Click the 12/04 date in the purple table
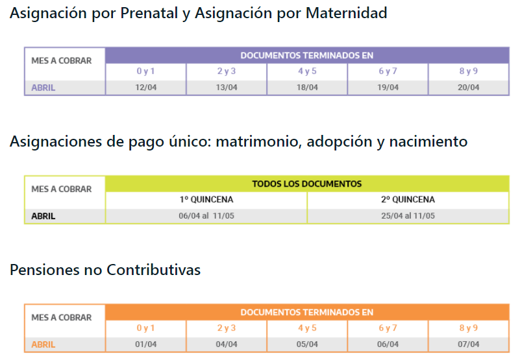pyautogui.click(x=145, y=88)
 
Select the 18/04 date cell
pyautogui.click(x=307, y=88)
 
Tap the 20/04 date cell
pyautogui.click(x=468, y=88)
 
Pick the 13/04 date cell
pyautogui.click(x=227, y=88)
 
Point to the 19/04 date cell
pyautogui.click(x=388, y=88)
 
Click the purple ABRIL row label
pyautogui.click(x=43, y=88)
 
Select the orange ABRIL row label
pyautogui.click(x=43, y=344)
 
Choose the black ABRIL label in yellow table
pyautogui.click(x=43, y=216)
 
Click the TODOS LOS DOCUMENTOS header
pyautogui.click(x=307, y=184)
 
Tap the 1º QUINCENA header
pyautogui.click(x=206, y=200)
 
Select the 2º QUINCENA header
pyautogui.click(x=408, y=200)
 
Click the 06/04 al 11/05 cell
pyautogui.click(x=206, y=216)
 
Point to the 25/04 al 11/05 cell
pyautogui.click(x=408, y=216)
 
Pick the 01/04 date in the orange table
pyautogui.click(x=145, y=344)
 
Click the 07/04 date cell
pyautogui.click(x=468, y=344)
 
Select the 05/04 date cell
pyautogui.click(x=307, y=344)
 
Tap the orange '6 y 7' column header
pyautogui.click(x=388, y=328)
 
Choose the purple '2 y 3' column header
pyautogui.click(x=227, y=71)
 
